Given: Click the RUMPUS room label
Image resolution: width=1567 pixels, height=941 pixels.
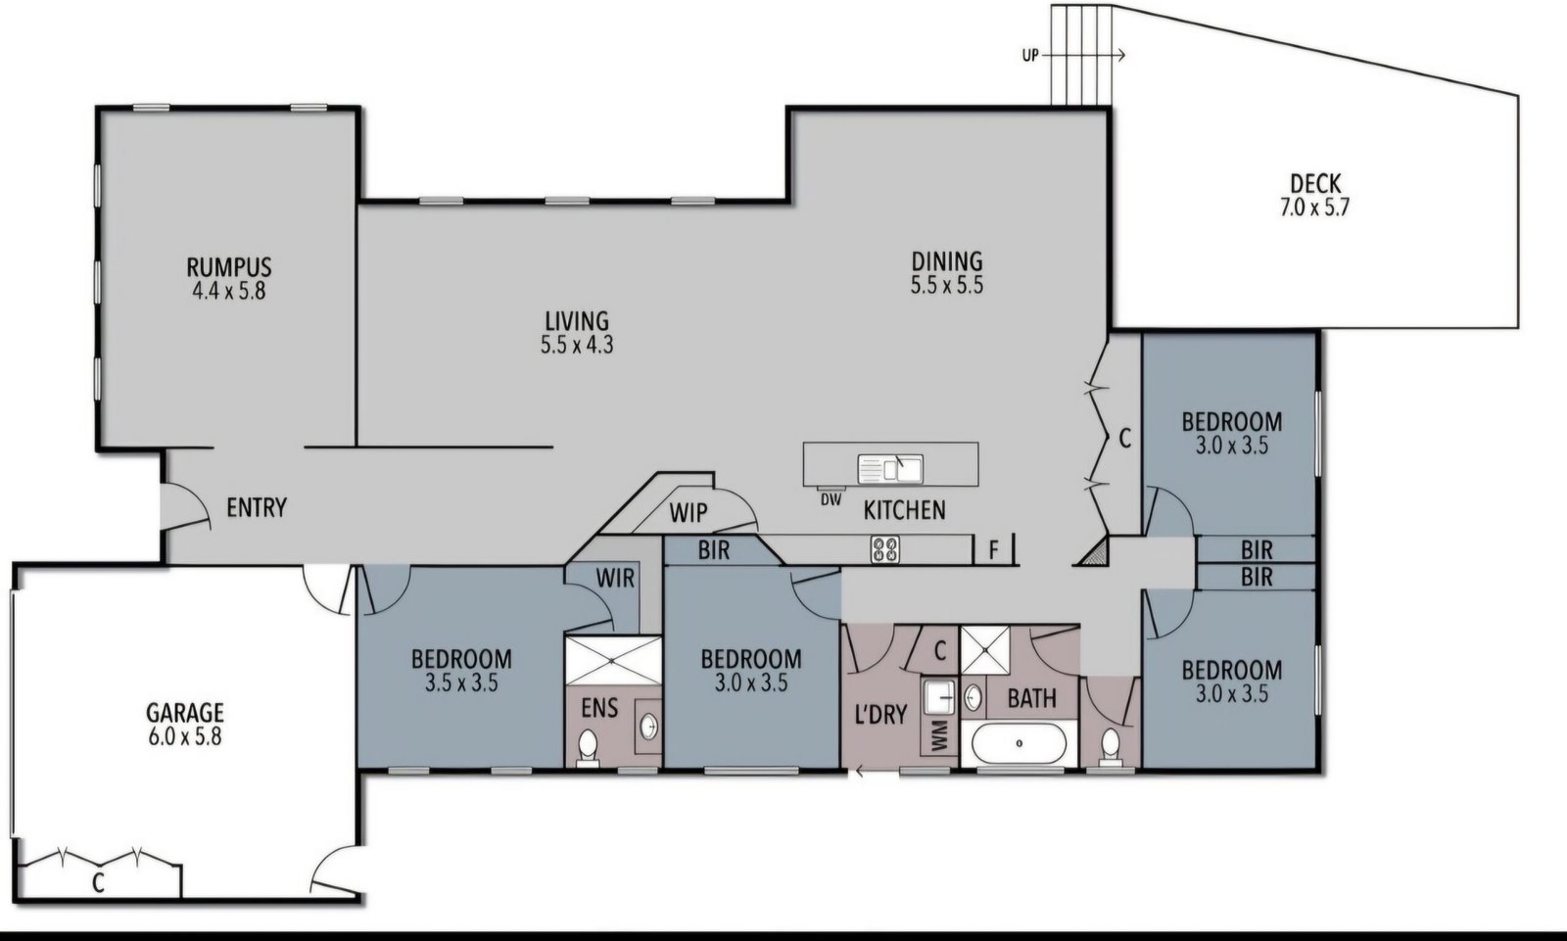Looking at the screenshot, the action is (x=229, y=267).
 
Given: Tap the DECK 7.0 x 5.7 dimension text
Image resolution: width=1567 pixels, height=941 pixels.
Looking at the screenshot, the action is (x=1314, y=208).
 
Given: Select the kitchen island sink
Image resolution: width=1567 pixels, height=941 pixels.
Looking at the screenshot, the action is (x=890, y=469).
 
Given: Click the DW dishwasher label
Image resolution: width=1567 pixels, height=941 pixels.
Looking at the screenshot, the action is (x=831, y=500).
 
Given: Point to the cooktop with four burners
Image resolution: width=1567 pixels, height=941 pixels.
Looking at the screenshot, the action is (x=885, y=549).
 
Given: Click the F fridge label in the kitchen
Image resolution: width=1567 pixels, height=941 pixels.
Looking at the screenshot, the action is (x=993, y=550).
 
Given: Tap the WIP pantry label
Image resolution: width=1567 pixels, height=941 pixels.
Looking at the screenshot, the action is (x=689, y=513).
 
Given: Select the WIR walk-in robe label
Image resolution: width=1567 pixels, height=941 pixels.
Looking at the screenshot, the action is (x=615, y=578).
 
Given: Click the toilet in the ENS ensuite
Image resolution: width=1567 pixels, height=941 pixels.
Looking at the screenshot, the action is (x=588, y=747).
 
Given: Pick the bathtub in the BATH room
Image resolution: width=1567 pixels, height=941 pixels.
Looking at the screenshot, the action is (x=1020, y=743).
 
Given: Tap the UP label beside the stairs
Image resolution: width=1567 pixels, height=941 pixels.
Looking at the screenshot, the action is (x=1030, y=55).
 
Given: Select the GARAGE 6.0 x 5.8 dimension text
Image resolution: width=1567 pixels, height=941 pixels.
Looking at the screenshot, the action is (x=185, y=736).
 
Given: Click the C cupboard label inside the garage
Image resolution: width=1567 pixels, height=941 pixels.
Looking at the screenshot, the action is (x=98, y=883).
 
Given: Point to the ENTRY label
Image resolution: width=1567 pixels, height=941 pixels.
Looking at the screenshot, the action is (x=257, y=507).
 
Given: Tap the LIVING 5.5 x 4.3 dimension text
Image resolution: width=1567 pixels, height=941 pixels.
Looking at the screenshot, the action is (x=577, y=345).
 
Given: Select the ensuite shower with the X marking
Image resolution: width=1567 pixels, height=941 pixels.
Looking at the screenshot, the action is (x=613, y=660).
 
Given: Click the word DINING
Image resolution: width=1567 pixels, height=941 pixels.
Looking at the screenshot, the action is (x=947, y=261).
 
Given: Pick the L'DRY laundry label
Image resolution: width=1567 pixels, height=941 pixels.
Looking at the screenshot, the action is (x=881, y=715).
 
